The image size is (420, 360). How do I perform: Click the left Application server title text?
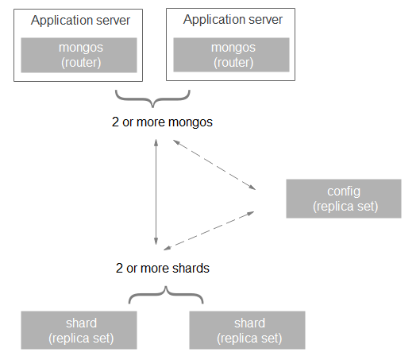point(80,21)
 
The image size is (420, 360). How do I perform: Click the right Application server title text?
point(233,20)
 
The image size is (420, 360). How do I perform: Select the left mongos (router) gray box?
point(79,55)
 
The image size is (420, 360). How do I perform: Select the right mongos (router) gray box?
point(231,55)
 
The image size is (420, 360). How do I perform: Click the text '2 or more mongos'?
point(162,122)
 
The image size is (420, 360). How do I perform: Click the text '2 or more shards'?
point(163,268)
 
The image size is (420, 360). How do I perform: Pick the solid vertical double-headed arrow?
point(156,192)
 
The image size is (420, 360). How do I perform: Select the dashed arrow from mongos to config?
point(214,165)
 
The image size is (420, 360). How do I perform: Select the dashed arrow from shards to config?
point(209,230)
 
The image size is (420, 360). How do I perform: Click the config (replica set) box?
point(344,199)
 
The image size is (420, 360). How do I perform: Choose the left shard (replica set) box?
point(79,331)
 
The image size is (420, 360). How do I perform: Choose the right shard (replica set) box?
point(247,331)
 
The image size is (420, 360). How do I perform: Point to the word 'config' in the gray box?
point(344,192)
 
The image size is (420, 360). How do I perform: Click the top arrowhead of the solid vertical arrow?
point(156,142)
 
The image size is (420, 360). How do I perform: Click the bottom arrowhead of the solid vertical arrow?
point(156,242)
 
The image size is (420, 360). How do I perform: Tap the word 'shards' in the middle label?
point(191,268)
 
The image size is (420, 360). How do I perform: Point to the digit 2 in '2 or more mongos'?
point(115,122)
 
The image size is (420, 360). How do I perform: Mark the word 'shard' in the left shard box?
point(82,323)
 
